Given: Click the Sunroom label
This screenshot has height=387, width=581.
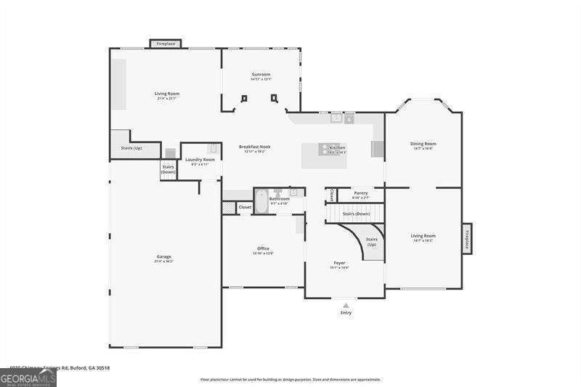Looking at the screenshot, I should (x=261, y=74).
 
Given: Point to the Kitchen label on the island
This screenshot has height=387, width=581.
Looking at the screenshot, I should (x=337, y=147).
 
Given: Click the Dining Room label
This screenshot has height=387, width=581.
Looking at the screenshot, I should (x=423, y=144).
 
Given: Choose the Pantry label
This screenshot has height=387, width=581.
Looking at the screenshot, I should (x=360, y=193).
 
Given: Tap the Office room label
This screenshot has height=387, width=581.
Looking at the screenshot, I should (x=263, y=248).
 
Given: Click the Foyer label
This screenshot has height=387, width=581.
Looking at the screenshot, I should (x=339, y=262).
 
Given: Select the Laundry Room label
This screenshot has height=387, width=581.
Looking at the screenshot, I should (x=200, y=159).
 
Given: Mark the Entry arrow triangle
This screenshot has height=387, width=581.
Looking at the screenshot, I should (x=346, y=305).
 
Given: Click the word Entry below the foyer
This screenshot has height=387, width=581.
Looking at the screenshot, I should (x=346, y=313).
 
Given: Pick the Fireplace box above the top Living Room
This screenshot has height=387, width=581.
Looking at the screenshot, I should (x=166, y=44).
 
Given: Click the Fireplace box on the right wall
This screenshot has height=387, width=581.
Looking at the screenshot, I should (x=467, y=239).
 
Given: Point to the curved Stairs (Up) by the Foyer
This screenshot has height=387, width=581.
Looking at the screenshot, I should (x=371, y=241).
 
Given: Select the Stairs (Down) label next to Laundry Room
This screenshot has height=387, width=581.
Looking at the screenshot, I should (x=168, y=169).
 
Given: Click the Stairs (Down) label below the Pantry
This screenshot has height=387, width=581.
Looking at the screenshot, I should (x=357, y=213).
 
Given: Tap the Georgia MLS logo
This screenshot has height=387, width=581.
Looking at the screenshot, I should (x=28, y=378).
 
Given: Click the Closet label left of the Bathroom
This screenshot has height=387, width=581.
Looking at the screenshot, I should (x=245, y=207).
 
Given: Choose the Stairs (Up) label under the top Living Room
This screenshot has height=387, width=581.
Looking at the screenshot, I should (x=131, y=148).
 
